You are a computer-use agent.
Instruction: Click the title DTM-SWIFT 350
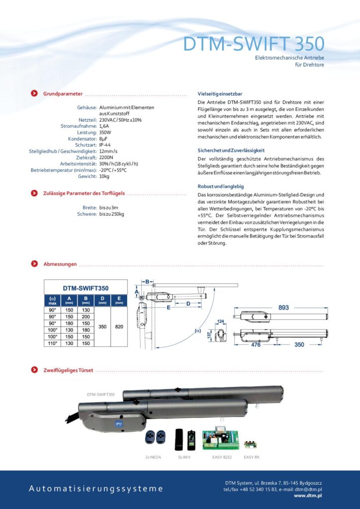coord(254,44)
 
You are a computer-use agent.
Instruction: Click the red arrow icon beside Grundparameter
coord(34,93)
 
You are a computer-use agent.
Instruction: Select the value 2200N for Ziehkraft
coord(107,157)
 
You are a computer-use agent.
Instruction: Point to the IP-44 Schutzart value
coord(106,145)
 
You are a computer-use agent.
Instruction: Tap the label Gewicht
coord(87,176)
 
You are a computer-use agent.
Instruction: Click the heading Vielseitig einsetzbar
coord(220,93)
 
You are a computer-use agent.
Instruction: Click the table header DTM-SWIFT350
coord(86,288)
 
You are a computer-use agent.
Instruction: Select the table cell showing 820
coord(119,327)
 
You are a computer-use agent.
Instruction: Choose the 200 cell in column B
coord(86,317)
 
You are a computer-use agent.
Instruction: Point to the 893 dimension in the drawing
coord(283,308)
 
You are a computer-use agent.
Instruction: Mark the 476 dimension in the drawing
coord(257,343)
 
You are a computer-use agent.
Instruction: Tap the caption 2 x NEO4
coord(153,456)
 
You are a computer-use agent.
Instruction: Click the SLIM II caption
coord(183,456)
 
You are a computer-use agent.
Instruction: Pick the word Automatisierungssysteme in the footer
coord(96,489)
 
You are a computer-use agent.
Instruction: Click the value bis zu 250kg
coord(111,214)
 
